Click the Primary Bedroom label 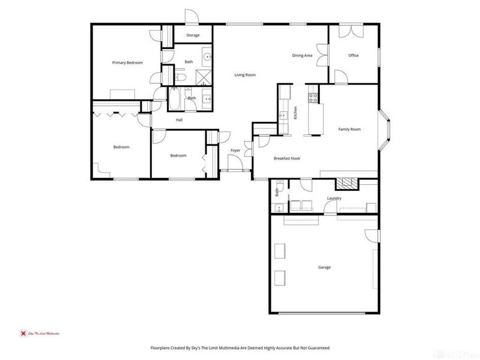(127, 62)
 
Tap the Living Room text (245, 75)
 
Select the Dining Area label (302, 56)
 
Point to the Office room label (353, 56)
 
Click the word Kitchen (296, 112)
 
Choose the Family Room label (349, 129)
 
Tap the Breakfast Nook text (287, 158)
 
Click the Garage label (324, 267)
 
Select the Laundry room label (334, 199)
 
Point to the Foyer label (235, 150)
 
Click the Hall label (179, 120)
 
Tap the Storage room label (193, 35)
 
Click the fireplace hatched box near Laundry (345, 184)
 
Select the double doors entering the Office (323, 56)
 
